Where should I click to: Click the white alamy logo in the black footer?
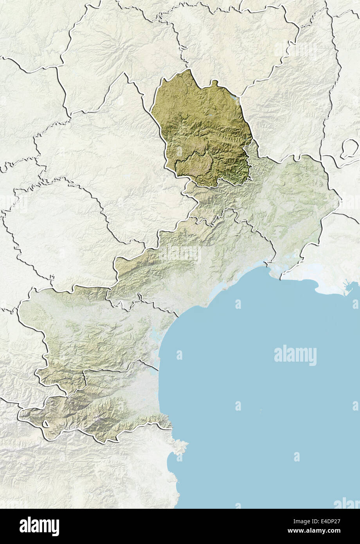(x=39, y=526)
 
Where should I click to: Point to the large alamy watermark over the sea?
(x=295, y=355)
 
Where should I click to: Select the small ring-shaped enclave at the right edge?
(x=349, y=149)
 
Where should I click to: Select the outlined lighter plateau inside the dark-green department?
(x=196, y=164)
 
